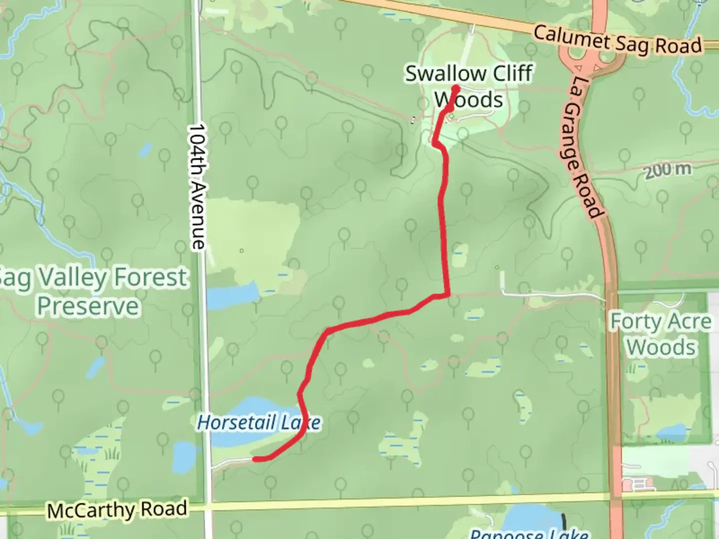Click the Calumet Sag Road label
click(617, 40)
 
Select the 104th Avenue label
click(198, 187)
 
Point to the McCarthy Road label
click(117, 510)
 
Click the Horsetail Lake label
click(259, 423)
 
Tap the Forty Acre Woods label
click(661, 334)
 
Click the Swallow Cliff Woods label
click(468, 87)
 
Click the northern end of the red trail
click(456, 89)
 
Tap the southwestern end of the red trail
click(255, 459)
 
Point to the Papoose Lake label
click(529, 533)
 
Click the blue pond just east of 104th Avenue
click(231, 295)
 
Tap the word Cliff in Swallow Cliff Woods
click(512, 73)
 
